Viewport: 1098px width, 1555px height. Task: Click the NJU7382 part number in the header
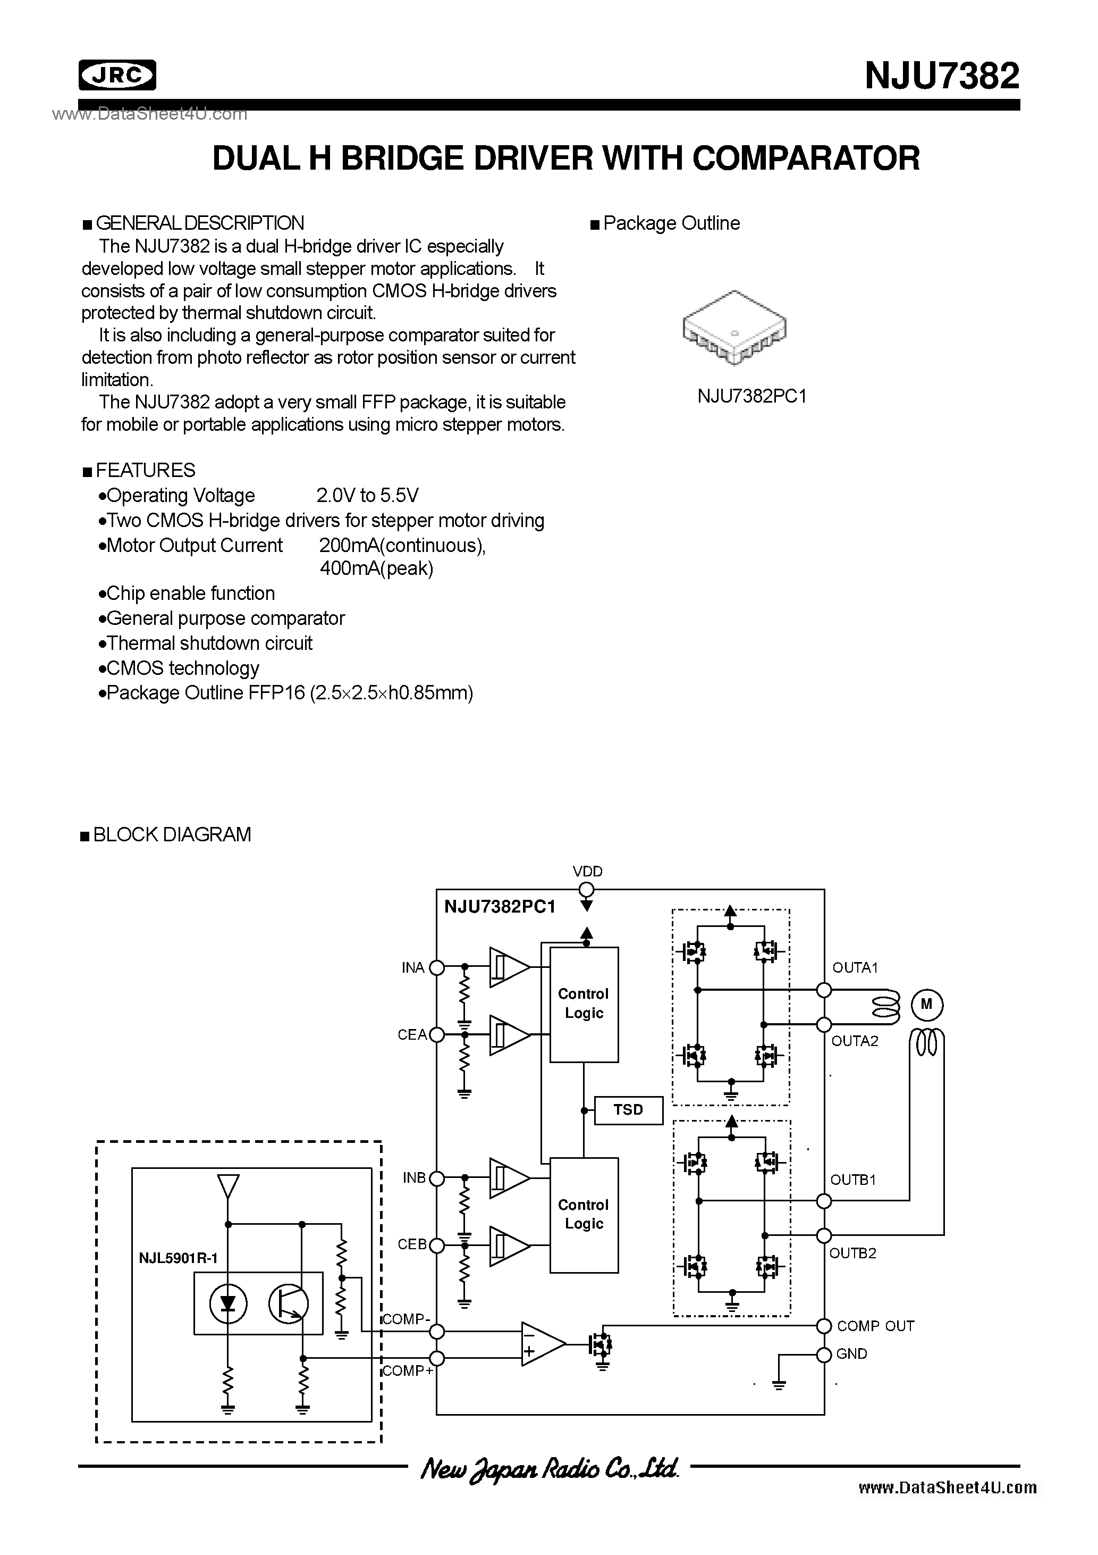click(942, 76)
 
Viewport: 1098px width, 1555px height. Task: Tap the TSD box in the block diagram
click(628, 1109)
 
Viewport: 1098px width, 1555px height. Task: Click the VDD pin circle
click(587, 889)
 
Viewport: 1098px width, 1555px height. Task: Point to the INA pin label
click(413, 968)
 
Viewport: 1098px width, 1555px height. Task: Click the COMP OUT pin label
click(875, 1325)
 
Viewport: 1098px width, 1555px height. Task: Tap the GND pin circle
click(824, 1355)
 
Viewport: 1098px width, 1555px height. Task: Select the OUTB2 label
click(853, 1253)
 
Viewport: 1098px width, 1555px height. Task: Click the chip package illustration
click(734, 329)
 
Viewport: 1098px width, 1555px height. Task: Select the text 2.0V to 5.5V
click(368, 496)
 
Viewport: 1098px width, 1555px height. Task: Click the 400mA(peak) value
click(376, 568)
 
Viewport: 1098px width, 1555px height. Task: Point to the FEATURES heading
click(145, 470)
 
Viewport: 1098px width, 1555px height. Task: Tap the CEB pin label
click(412, 1244)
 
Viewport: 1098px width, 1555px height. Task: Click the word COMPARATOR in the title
click(806, 158)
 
